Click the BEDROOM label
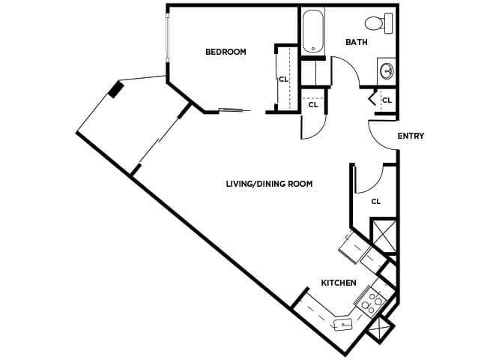[226, 52]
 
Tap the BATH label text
[356, 42]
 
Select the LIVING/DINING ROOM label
[269, 184]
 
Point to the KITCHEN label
[338, 283]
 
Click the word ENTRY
[411, 136]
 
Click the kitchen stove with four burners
[370, 302]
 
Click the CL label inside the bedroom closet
[283, 78]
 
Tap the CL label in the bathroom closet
[387, 100]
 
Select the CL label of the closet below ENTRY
[376, 201]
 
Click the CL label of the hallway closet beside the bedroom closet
[313, 105]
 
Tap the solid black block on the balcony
[115, 89]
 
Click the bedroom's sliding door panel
[230, 111]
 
